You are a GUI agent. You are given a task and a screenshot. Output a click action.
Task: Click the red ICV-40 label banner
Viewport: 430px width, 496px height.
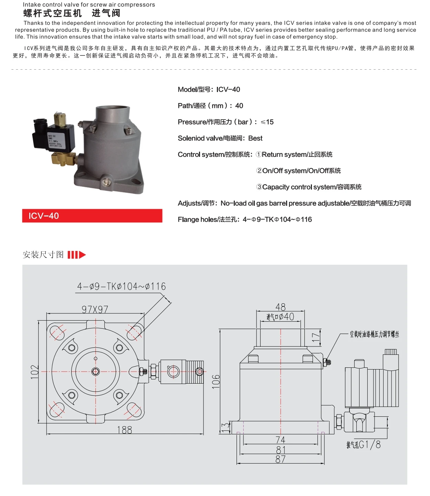tap(92, 216)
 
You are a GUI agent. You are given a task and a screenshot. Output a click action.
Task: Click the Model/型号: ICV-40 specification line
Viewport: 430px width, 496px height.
tap(209, 90)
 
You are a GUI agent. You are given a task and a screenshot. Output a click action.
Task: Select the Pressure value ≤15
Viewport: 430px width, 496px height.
tap(267, 122)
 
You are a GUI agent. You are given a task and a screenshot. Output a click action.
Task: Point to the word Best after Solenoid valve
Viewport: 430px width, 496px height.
tap(255, 138)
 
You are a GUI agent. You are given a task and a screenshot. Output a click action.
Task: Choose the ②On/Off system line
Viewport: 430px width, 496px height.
tap(298, 171)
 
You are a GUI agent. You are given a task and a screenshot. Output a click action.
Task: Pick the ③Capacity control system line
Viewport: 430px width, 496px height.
tap(308, 187)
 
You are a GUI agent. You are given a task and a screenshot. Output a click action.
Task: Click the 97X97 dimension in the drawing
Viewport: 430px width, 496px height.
tap(95, 309)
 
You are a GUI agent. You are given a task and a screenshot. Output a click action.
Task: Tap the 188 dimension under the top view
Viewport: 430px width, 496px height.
tap(124, 430)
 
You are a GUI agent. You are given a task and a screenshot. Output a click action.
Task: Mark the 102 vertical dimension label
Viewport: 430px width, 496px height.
tap(35, 372)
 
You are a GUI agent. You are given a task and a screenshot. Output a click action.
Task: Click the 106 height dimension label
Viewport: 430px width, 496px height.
tap(216, 382)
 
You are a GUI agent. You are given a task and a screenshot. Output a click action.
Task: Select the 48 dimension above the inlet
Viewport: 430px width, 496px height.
tap(280, 307)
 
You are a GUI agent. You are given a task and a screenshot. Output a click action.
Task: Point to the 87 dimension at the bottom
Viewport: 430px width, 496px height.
tap(280, 459)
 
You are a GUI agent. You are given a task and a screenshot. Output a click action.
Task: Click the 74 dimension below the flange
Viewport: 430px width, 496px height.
tap(280, 440)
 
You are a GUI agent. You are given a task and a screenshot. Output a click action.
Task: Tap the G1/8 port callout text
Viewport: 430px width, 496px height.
tap(364, 445)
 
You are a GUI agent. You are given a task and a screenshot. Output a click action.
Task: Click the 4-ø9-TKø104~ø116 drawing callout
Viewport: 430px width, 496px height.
tap(121, 286)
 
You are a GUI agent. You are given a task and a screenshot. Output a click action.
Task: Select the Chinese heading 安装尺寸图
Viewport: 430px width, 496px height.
tap(43, 255)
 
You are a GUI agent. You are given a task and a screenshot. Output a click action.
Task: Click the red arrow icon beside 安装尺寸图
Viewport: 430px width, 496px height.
tap(76, 255)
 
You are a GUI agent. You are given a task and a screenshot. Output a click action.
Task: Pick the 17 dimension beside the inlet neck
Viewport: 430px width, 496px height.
tap(315, 337)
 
